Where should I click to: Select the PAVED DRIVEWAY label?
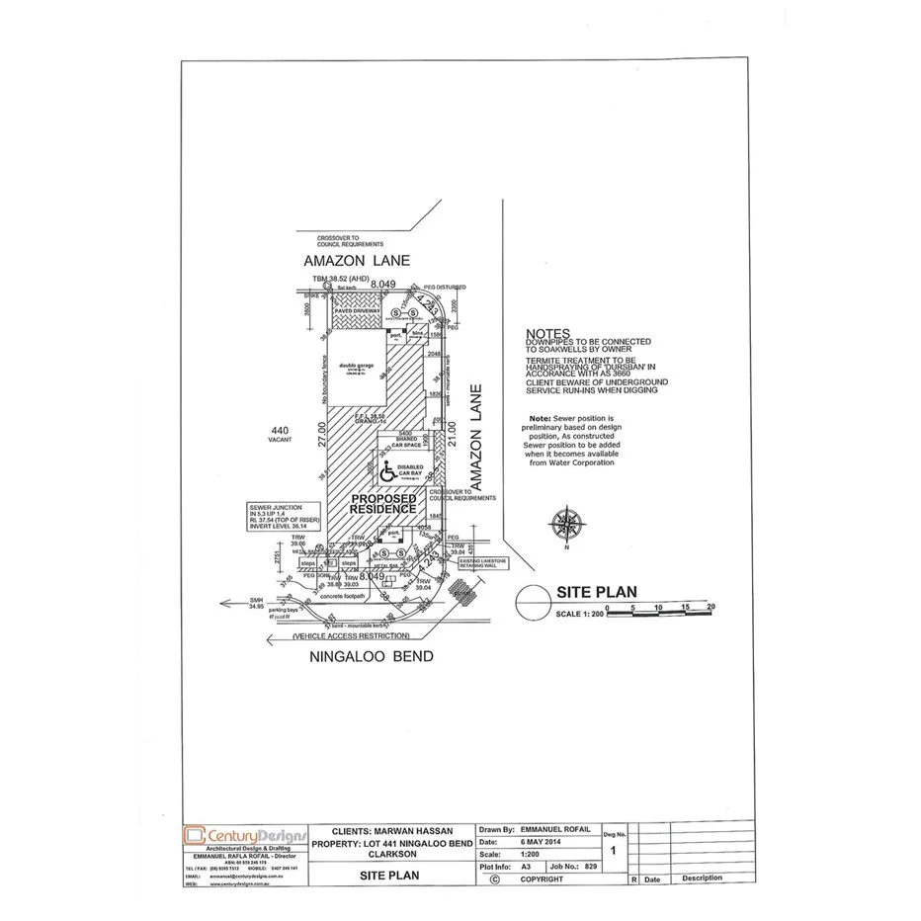click(357, 310)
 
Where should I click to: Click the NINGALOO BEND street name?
click(371, 657)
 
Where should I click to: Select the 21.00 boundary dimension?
click(452, 436)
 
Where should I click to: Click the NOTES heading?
click(548, 335)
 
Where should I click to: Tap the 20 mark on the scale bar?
click(711, 606)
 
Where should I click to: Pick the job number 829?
click(591, 865)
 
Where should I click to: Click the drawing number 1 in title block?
click(615, 850)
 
